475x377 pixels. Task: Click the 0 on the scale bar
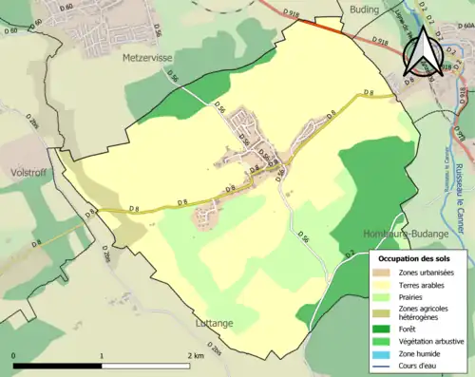point(14,356)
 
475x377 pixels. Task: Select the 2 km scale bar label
point(197,356)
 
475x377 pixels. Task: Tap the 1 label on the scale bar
point(102,356)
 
